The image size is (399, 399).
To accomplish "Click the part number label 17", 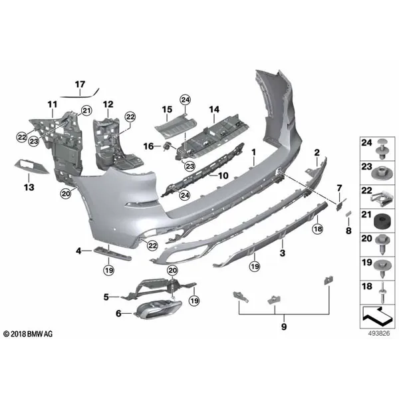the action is [80, 84].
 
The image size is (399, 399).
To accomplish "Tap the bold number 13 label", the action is [29, 188].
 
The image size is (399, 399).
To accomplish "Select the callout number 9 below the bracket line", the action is [284, 327].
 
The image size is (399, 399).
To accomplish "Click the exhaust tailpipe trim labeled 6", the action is [157, 309].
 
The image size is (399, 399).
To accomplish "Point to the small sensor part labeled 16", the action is [167, 146].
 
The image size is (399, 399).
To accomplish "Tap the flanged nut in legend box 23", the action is [381, 173].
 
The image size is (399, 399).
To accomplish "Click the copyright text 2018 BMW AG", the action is [28, 334].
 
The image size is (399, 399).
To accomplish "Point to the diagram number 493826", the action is [379, 333].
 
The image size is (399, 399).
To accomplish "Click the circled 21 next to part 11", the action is [86, 110].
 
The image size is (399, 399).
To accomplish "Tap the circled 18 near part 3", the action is [318, 229].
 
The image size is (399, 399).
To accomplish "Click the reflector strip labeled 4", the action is [112, 254].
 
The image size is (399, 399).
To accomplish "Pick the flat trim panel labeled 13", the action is [31, 166].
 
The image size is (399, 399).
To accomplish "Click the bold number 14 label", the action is [214, 110].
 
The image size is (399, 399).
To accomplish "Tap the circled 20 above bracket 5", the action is [172, 270].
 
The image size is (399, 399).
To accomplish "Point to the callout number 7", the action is [339, 188].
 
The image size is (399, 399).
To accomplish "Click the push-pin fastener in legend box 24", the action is [381, 149].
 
